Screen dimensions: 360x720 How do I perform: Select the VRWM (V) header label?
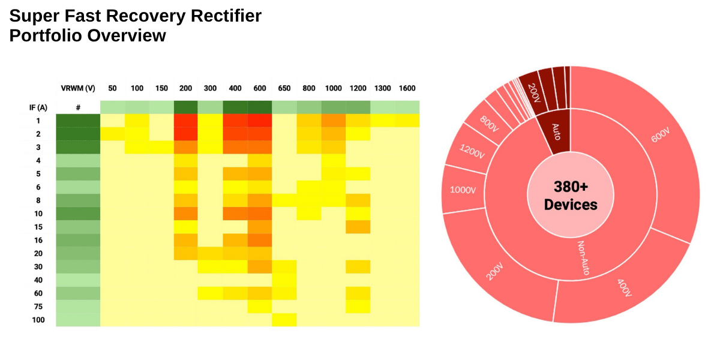78,88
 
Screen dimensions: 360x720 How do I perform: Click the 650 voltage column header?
284,88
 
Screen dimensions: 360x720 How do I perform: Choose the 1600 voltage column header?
407,88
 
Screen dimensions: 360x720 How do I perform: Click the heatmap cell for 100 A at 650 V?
284,320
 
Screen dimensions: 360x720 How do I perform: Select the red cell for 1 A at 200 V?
186,121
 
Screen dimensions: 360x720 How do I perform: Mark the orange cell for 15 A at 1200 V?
358,227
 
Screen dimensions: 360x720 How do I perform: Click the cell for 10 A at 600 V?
260,214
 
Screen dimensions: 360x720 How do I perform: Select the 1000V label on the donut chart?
463,190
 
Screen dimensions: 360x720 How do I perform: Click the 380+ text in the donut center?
571,187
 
